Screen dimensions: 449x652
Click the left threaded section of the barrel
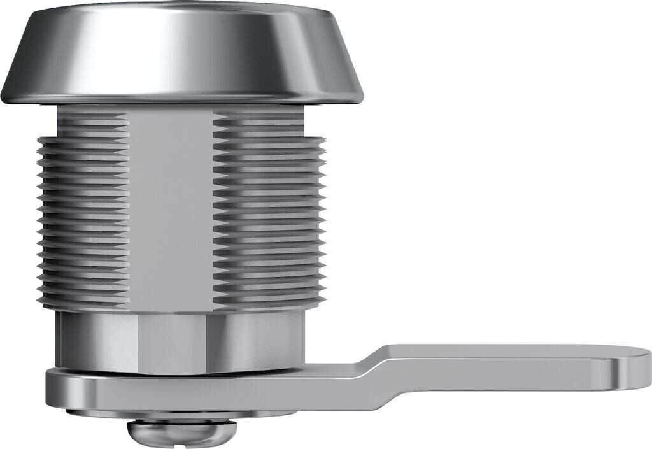(83, 217)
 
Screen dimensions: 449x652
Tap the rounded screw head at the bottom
(182, 433)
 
